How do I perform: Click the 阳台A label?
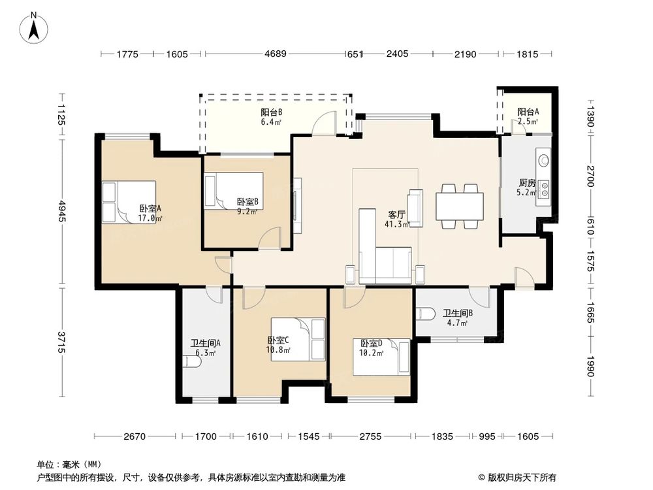[x=528, y=116]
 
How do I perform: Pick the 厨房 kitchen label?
[x=526, y=188]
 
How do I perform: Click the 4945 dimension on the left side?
[x=61, y=210]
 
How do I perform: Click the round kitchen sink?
[x=543, y=159]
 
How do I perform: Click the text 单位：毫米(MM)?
[x=66, y=465]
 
